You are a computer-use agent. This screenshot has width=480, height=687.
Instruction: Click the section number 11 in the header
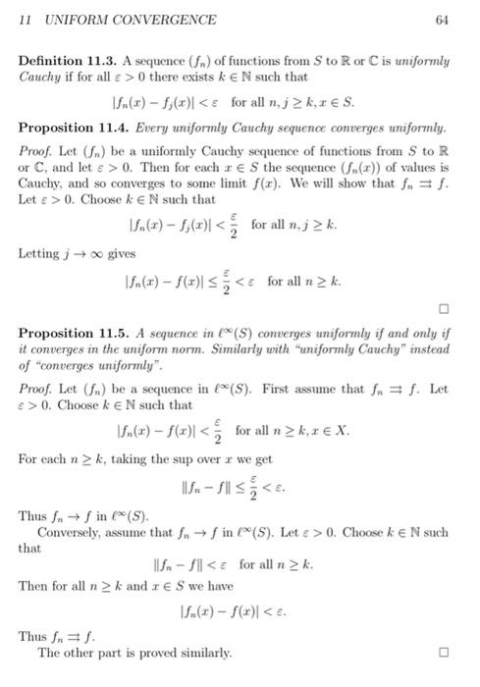coord(27,20)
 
